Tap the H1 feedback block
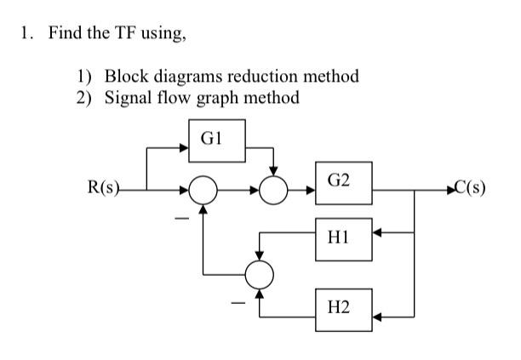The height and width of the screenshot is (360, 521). (x=342, y=232)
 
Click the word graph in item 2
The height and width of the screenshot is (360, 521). (x=203, y=97)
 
